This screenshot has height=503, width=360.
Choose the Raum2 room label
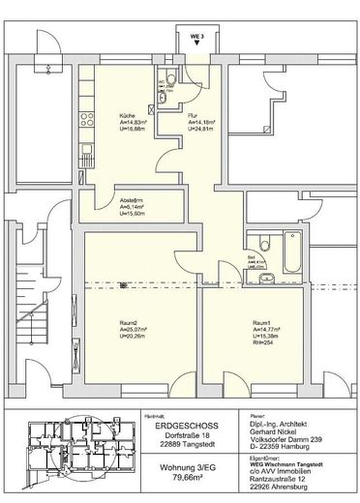127,322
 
